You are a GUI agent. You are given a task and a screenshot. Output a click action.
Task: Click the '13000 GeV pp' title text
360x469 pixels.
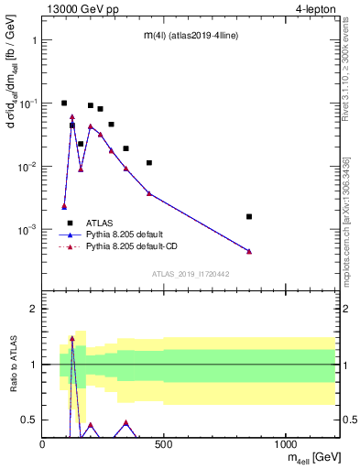81,11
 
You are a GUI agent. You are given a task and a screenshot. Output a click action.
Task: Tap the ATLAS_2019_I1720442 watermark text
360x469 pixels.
190,274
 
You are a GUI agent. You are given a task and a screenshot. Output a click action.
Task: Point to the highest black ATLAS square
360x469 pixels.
64,104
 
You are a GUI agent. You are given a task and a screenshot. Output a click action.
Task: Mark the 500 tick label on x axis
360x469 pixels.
164,443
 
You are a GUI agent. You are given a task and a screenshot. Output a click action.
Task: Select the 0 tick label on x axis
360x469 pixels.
43,443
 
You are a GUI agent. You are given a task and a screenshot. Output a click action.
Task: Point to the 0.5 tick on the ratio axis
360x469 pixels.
30,420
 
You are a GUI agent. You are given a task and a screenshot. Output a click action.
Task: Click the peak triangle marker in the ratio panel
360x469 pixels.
72,339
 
